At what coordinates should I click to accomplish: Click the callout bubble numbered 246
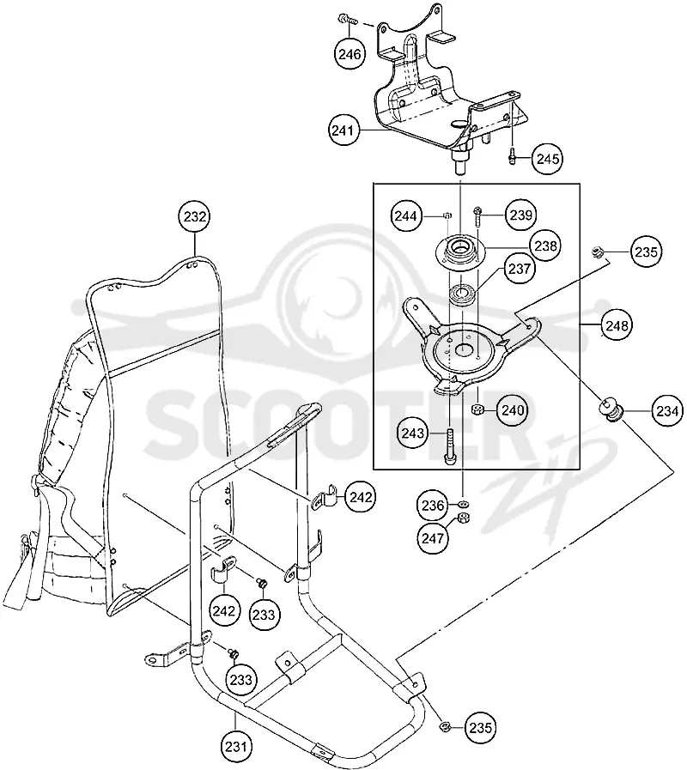350,53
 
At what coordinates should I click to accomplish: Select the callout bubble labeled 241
343,130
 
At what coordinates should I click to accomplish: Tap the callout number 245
547,159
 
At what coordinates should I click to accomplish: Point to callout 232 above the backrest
195,216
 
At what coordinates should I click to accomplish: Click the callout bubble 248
617,325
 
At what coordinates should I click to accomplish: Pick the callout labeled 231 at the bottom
235,747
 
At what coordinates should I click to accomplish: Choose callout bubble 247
433,538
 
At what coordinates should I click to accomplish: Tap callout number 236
433,505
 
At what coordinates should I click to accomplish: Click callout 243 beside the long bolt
413,433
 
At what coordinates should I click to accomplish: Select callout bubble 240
513,409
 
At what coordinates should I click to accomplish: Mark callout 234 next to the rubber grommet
667,410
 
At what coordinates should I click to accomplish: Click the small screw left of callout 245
513,156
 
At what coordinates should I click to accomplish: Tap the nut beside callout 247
461,518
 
